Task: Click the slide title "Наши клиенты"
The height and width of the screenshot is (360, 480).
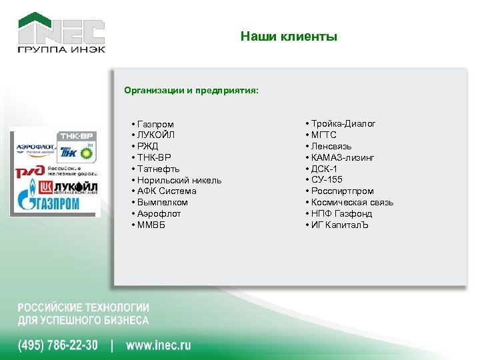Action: [x=289, y=37]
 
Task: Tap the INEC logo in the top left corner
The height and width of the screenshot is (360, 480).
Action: [x=61, y=33]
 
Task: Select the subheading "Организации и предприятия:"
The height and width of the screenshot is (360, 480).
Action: [x=191, y=90]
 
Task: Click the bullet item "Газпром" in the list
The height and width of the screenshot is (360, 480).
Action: [x=155, y=124]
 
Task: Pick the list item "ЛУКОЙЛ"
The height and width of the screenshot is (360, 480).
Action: [x=157, y=135]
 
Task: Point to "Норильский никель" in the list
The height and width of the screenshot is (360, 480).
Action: [x=179, y=180]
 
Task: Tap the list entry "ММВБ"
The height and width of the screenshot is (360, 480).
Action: [x=151, y=225]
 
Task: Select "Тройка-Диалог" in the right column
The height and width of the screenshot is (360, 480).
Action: [x=343, y=124]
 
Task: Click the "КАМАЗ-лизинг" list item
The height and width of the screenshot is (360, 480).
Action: [x=343, y=157]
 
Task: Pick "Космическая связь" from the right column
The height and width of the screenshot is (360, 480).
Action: [x=352, y=202]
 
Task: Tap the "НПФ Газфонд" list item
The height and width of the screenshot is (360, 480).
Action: [x=341, y=213]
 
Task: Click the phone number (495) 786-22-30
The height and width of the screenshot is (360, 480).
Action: [x=57, y=345]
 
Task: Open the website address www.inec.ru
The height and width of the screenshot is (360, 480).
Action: [x=158, y=345]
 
